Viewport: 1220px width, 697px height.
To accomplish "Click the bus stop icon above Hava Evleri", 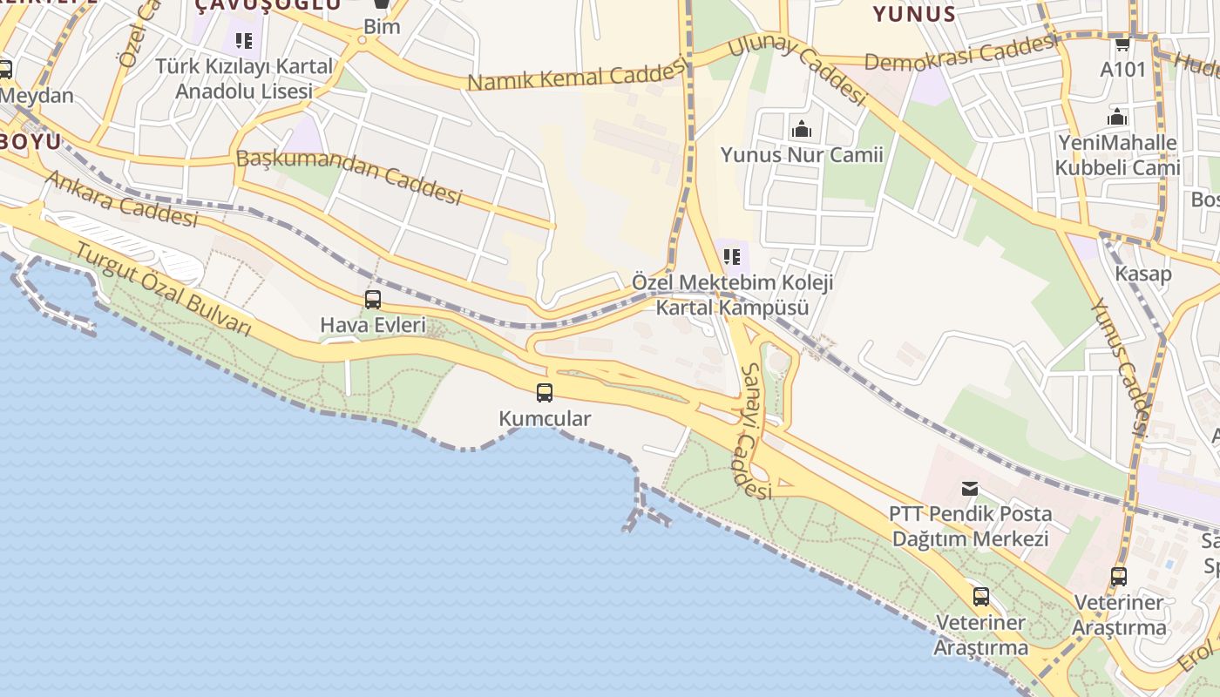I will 373,300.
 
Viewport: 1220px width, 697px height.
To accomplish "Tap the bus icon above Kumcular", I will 545,393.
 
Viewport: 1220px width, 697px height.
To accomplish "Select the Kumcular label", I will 545,419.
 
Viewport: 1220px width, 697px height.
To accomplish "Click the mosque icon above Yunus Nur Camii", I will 801,130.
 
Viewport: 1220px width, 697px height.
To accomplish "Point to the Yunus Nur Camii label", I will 801,155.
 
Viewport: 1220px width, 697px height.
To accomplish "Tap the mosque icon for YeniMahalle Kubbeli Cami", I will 1117,117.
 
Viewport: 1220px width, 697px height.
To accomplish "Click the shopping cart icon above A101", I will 1122,44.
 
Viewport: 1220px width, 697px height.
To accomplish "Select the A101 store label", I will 1122,69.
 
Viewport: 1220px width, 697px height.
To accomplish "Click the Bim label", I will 382,26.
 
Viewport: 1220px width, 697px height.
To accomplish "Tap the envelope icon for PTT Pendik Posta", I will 970,489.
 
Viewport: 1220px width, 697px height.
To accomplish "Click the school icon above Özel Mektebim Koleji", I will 732,257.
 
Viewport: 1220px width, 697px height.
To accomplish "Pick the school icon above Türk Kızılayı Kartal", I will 244,40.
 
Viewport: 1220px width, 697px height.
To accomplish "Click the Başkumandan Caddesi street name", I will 349,177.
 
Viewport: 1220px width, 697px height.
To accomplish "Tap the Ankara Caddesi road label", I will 121,198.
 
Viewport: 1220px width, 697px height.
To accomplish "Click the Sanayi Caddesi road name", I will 755,431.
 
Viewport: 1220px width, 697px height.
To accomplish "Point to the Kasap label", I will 1143,274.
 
